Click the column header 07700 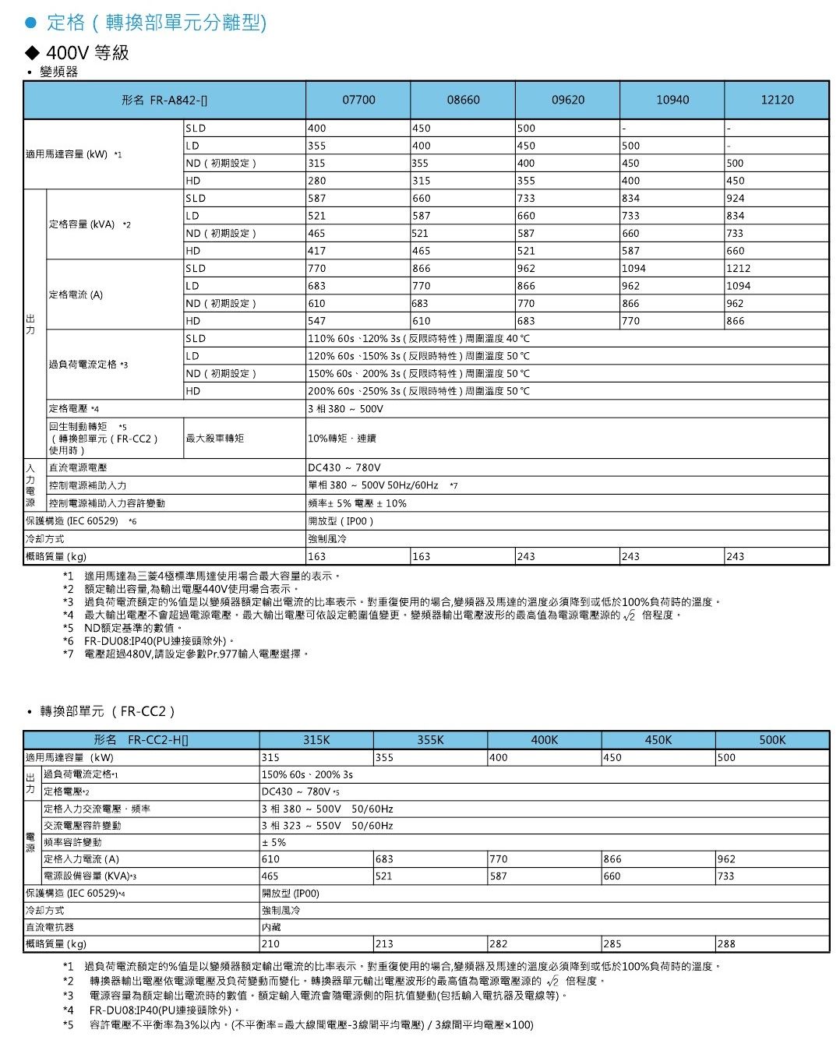coord(358,100)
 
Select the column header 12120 coord(776,100)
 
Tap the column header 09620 coord(567,100)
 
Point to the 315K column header coord(316,740)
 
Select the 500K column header coord(772,740)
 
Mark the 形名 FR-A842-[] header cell coord(164,100)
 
